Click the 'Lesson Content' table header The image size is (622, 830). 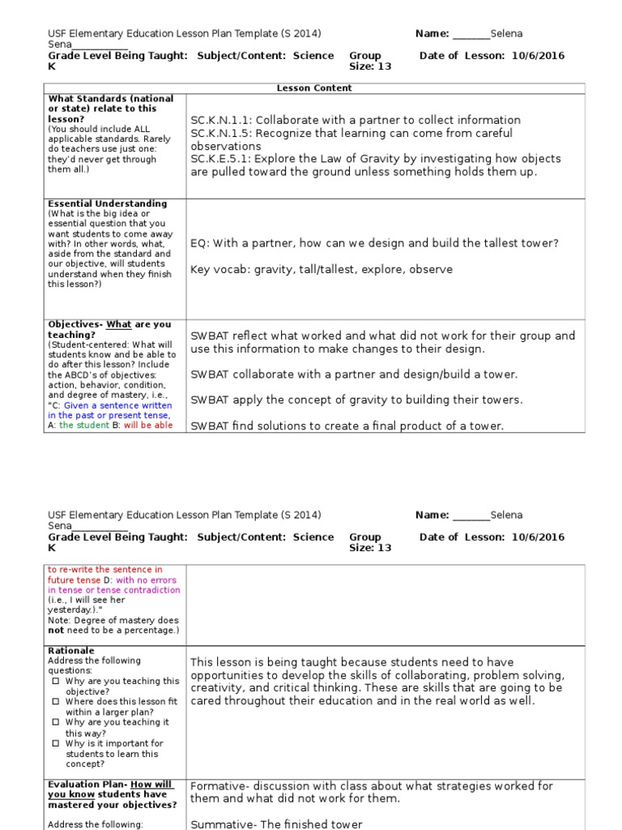[314, 88]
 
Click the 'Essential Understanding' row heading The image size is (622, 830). [108, 203]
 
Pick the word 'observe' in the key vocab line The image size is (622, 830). [431, 269]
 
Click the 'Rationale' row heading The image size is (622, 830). [71, 651]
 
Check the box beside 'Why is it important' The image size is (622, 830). [55, 743]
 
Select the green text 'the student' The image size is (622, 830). [84, 426]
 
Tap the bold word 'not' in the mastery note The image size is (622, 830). [56, 631]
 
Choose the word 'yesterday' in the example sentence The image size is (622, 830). [70, 610]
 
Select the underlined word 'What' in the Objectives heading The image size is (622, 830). [118, 325]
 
